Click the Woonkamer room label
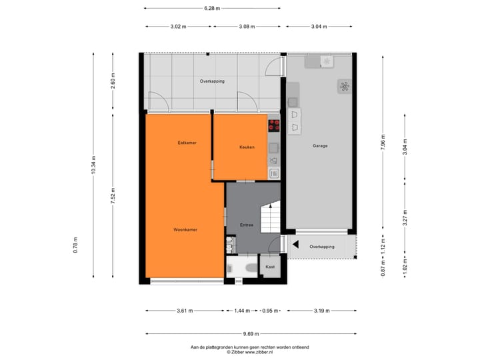[185, 229]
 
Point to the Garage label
[320, 145]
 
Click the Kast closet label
[270, 267]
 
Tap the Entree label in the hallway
[247, 225]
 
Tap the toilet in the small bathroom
[249, 268]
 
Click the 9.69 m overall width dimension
[251, 333]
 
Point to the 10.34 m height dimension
[94, 165]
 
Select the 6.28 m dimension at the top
[212, 8]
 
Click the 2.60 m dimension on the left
[113, 81]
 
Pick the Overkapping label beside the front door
[323, 247]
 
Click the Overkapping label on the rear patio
[212, 81]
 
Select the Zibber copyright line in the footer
[249, 352]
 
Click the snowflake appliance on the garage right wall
[344, 86]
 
